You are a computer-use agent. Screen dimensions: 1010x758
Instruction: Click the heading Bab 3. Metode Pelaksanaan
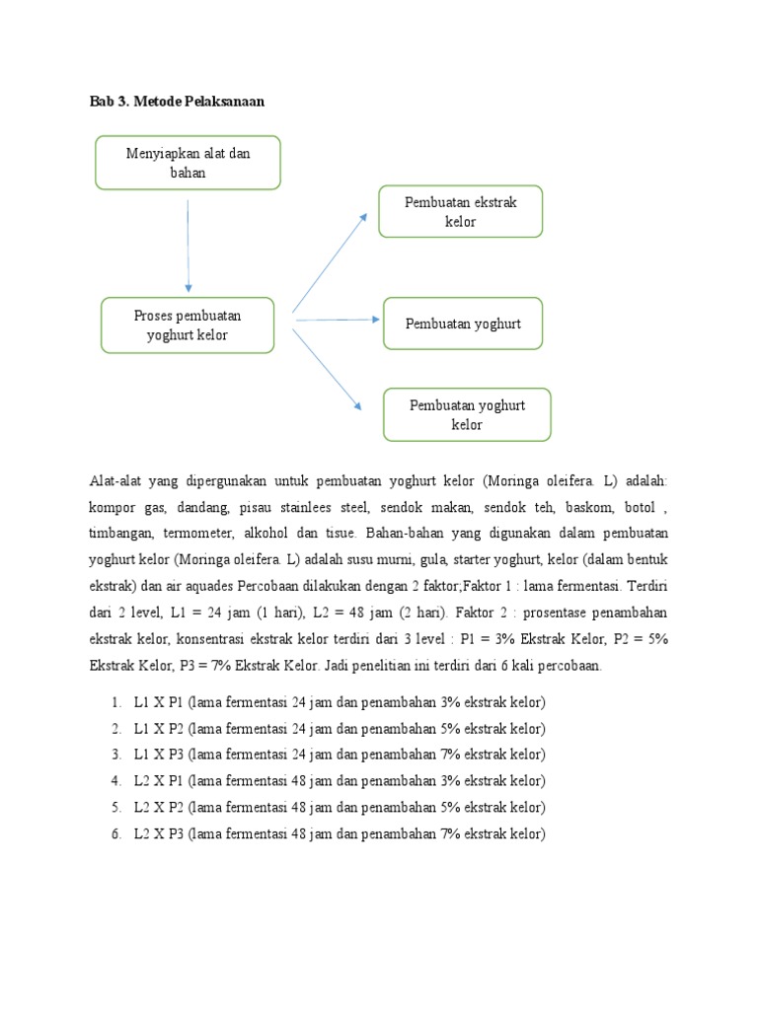coord(177,102)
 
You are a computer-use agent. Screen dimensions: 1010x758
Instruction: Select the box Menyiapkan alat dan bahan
coord(188,163)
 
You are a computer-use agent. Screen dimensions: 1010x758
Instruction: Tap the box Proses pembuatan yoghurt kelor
coord(188,325)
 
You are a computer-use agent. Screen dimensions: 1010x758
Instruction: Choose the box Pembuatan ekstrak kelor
coord(460,211)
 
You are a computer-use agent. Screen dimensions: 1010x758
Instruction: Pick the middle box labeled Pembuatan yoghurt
coord(463,324)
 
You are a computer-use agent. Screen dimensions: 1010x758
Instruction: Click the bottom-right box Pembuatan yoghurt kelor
coord(467,414)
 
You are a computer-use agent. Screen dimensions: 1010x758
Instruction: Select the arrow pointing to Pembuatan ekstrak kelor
coord(331,261)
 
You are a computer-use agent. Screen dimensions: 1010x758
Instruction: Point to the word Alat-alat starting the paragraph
coord(116,480)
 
